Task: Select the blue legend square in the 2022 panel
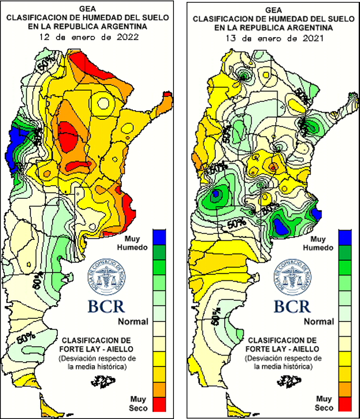[160, 236]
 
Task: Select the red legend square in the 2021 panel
[345, 404]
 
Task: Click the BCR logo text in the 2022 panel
[106, 306]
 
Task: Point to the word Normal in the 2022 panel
[133, 322]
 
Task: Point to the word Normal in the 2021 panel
[319, 322]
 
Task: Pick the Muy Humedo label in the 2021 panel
[319, 243]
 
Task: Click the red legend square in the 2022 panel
[160, 404]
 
